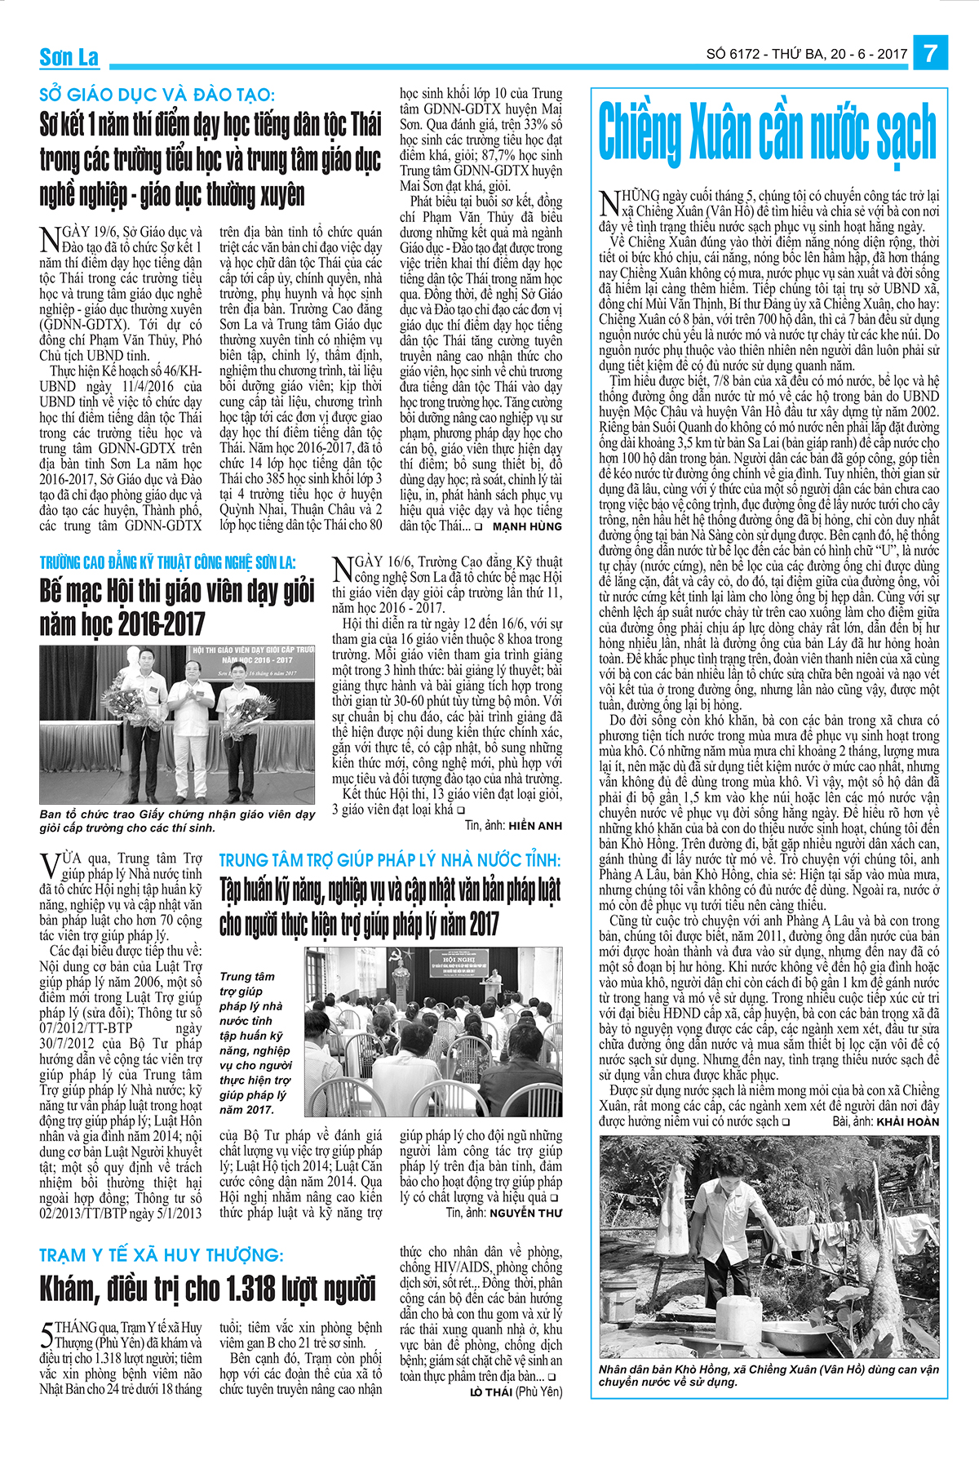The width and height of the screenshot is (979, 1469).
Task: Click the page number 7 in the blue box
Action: click(x=931, y=53)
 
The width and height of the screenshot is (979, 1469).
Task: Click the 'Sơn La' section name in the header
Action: click(x=69, y=57)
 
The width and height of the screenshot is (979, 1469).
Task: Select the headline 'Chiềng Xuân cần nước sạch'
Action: click(x=767, y=133)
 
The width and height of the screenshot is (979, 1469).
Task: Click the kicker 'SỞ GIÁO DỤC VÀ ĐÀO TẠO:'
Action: click(x=157, y=95)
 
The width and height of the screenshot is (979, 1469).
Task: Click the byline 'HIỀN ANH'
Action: click(x=535, y=825)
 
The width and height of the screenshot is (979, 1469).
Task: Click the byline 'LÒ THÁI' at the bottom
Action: click(x=491, y=1391)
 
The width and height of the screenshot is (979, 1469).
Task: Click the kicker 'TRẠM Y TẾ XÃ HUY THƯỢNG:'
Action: click(x=162, y=1255)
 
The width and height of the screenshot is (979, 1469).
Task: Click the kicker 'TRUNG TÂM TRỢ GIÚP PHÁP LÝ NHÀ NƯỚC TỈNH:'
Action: click(x=390, y=860)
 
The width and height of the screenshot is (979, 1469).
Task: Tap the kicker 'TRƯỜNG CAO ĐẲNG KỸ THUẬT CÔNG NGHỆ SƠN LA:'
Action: click(x=168, y=562)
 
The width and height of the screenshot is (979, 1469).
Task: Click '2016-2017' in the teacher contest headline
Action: click(x=162, y=625)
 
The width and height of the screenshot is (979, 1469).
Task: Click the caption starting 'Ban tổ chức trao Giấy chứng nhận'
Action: click(x=177, y=821)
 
